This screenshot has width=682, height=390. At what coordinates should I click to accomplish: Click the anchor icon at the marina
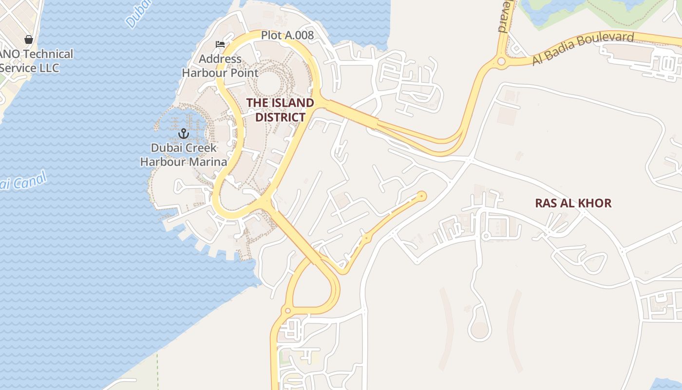[184, 133]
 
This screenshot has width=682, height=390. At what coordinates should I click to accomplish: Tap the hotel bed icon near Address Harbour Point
[220, 44]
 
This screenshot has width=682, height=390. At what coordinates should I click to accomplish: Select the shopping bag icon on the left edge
[29, 39]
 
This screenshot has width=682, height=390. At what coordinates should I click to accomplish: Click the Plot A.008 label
[287, 35]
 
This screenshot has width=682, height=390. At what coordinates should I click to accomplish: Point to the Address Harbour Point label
[220, 66]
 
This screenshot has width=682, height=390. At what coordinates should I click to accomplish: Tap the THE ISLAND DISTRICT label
[280, 110]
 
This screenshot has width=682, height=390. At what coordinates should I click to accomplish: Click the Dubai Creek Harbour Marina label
[184, 155]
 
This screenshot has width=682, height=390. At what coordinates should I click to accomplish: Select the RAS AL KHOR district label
[573, 203]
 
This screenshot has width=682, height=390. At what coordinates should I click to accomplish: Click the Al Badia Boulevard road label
[583, 49]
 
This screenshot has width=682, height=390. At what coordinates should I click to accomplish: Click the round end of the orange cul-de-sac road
[421, 196]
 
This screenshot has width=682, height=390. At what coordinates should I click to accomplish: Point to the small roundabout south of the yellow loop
[287, 311]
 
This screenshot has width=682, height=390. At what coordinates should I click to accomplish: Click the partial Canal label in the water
[22, 182]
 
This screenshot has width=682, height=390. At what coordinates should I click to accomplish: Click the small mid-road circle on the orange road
[366, 237]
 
